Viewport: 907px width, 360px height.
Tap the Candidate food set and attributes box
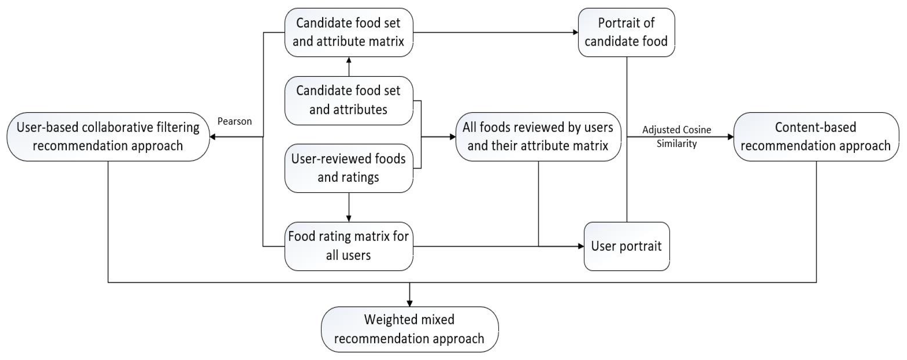point(349,100)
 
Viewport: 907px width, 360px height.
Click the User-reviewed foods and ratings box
point(349,168)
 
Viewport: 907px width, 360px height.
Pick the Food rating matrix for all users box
point(349,246)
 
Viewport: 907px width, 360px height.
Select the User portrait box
point(626,246)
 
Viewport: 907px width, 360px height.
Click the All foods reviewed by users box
point(538,137)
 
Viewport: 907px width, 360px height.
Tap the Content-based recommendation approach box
point(816,137)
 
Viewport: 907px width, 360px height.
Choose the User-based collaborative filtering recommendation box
point(108,137)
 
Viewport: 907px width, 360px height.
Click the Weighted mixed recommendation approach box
point(410,329)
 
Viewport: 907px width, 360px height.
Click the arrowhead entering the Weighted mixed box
point(410,303)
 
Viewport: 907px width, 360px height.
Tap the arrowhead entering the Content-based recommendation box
point(731,137)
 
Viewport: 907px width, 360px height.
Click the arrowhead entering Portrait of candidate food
point(575,32)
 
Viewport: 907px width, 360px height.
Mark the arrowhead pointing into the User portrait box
point(581,246)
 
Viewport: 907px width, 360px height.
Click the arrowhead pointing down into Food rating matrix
point(349,219)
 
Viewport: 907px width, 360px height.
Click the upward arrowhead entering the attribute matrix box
point(349,60)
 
